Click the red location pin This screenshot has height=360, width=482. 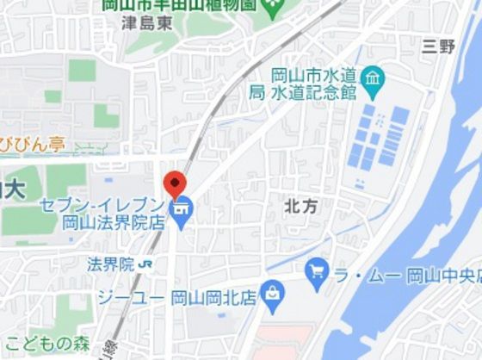pyautogui.click(x=175, y=183)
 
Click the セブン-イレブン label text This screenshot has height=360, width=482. pyautogui.click(x=102, y=205)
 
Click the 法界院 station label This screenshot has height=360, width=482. pyautogui.click(x=110, y=264)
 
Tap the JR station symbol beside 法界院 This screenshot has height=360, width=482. pyautogui.click(x=149, y=264)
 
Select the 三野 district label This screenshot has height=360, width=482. pyautogui.click(x=438, y=47)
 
